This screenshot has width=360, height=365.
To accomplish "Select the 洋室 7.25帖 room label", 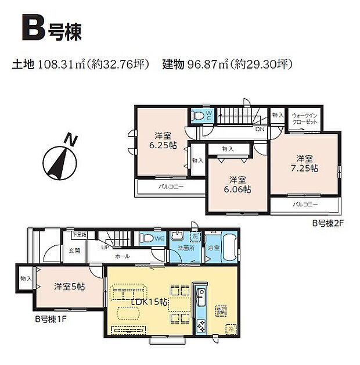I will coord(305,163).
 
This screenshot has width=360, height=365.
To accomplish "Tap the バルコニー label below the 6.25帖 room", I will coord(171,187).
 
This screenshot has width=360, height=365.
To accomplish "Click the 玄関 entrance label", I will coord(75,251).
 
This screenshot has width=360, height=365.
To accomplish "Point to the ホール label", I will coord(122,256).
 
